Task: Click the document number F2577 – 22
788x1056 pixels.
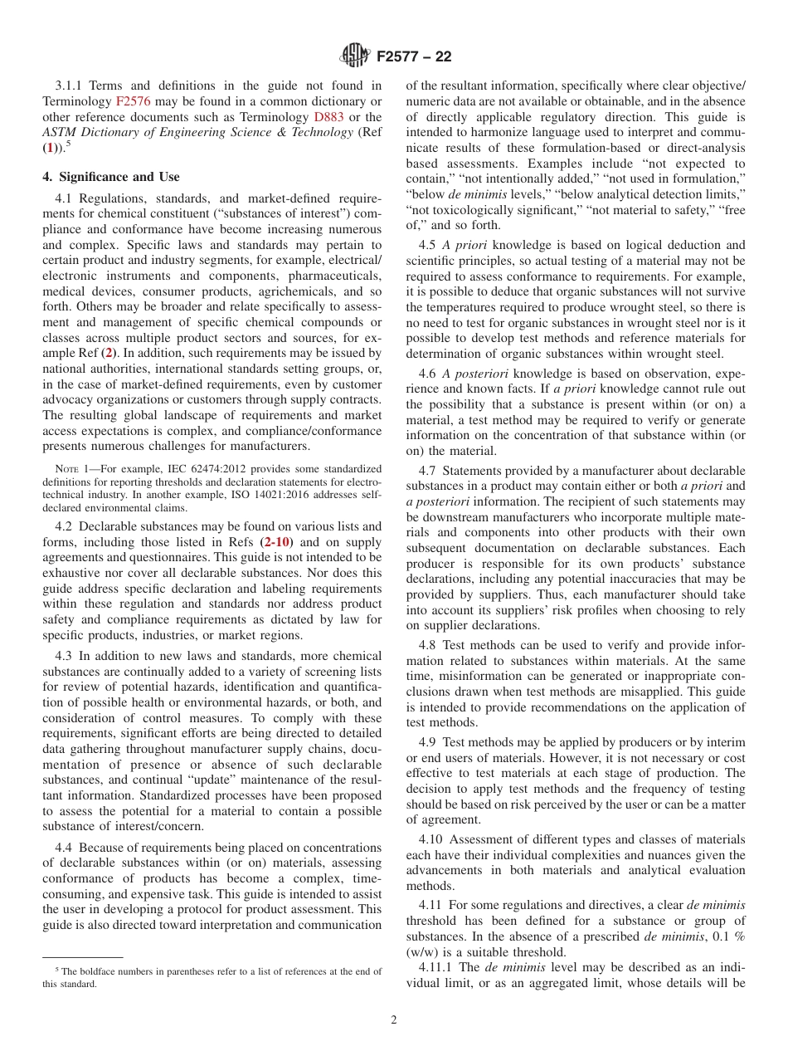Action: click(x=413, y=57)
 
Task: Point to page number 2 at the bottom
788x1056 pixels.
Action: click(x=394, y=1020)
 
